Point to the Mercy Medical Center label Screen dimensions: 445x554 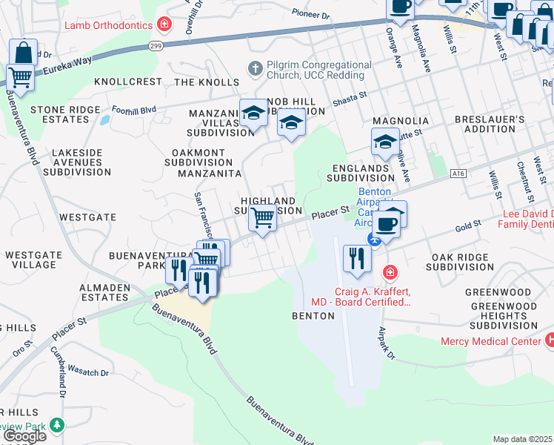(490, 341)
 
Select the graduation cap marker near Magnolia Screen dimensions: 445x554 (385, 142)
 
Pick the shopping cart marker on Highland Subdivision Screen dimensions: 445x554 (261, 218)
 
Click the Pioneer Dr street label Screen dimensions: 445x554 (310, 14)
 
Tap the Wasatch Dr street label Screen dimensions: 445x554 (88, 369)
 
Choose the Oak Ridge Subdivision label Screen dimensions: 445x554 (460, 262)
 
